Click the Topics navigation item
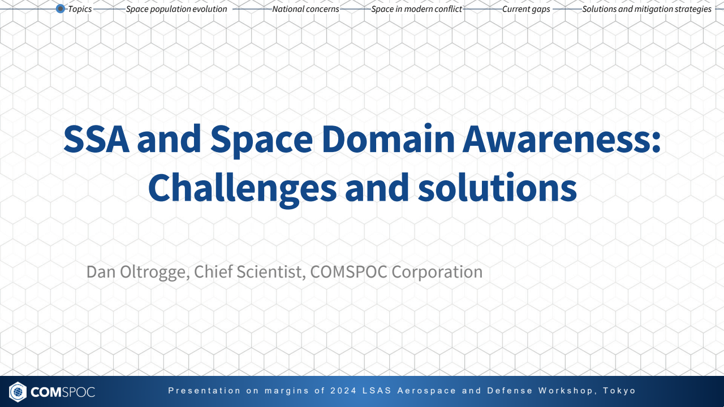click(x=80, y=9)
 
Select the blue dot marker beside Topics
click(x=61, y=9)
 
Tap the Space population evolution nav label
click(x=176, y=9)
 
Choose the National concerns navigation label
click(x=305, y=9)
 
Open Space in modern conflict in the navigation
click(x=416, y=9)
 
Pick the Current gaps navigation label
click(x=526, y=9)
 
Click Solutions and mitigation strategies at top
click(x=647, y=9)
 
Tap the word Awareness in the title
click(x=561, y=140)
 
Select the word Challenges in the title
click(x=242, y=188)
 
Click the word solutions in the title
click(x=497, y=188)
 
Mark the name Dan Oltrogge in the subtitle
click(x=136, y=272)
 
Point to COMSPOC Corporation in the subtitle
click(x=396, y=272)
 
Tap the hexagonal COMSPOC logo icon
click(x=18, y=391)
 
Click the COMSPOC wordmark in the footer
click(x=63, y=391)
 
